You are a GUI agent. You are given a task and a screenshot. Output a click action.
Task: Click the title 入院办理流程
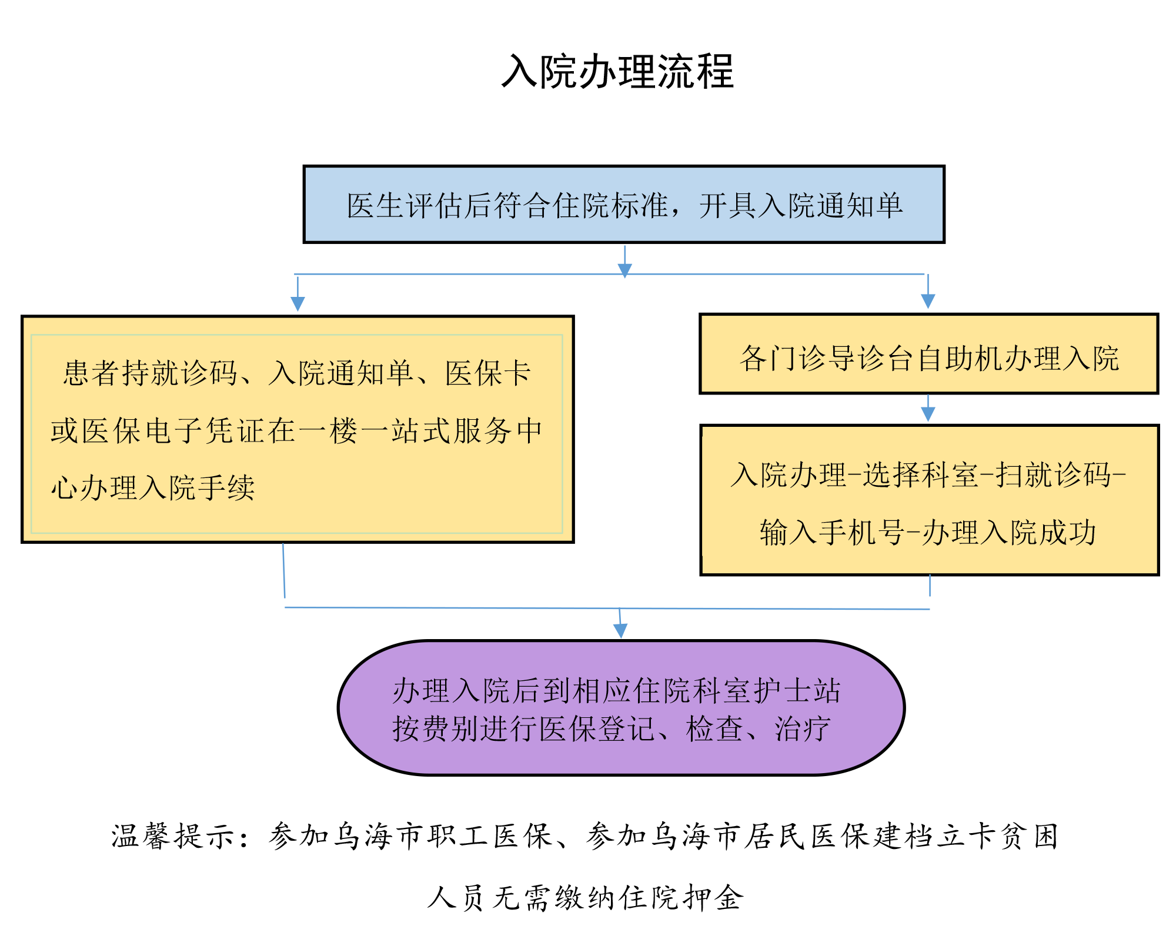pos(617,72)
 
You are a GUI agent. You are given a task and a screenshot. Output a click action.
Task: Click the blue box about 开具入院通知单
pos(624,204)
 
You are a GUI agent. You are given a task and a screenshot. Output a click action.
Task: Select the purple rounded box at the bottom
pos(621,708)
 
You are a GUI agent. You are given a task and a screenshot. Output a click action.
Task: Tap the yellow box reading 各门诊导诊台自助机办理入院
pos(929,354)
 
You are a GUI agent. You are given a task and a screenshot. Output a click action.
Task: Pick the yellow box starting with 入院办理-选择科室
pos(930,500)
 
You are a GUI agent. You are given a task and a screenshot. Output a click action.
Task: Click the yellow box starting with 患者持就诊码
pos(298,429)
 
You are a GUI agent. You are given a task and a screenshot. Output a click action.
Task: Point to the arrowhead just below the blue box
pos(624,270)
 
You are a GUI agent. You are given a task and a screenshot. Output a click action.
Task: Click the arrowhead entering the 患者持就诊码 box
pos(298,303)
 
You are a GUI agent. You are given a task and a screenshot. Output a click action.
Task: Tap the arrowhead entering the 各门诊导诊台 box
pos(928,301)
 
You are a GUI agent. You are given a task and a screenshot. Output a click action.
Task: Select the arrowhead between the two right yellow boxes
pos(928,414)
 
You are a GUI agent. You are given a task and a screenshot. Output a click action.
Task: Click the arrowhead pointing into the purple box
pos(620,631)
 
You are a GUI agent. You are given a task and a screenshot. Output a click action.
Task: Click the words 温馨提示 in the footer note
pos(174,836)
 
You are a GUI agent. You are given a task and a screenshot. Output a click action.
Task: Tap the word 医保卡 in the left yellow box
pos(488,373)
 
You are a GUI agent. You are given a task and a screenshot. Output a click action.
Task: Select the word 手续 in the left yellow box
pos(226,488)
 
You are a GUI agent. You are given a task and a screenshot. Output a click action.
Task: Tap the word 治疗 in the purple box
pos(803,729)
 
